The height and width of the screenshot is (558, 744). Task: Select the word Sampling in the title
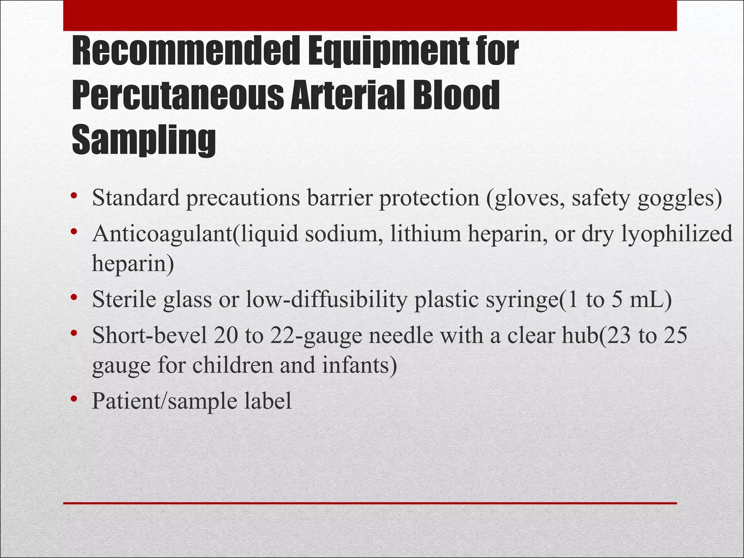(144, 140)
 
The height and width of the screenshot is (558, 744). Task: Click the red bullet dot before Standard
(74, 197)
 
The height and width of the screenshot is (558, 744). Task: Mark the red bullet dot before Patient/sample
(74, 399)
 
